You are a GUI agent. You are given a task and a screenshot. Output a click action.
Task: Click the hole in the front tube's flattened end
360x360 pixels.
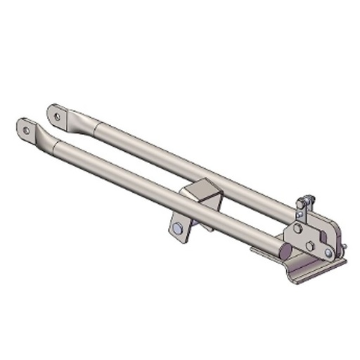[x=26, y=130]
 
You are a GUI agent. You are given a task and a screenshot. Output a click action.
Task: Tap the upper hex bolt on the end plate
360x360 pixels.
[x=298, y=229]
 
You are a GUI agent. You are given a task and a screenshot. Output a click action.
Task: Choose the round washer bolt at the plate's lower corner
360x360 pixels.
[x=328, y=252]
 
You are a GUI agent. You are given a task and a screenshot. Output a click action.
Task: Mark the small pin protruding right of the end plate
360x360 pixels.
[x=345, y=245]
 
